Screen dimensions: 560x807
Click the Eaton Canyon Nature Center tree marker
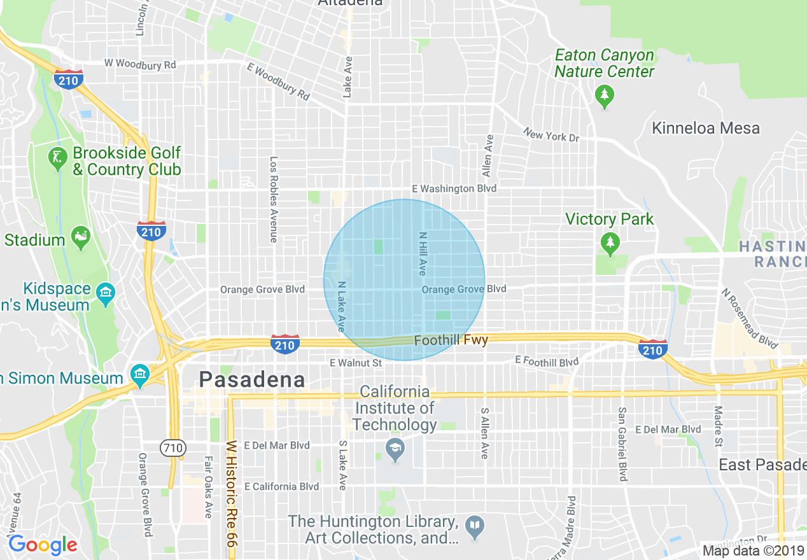(x=604, y=96)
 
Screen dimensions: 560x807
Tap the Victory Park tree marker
(x=610, y=242)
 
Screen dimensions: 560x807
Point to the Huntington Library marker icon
(x=475, y=526)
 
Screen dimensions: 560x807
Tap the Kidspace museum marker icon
(x=104, y=293)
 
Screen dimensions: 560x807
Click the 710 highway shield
(x=172, y=447)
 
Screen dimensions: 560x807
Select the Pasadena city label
(x=252, y=380)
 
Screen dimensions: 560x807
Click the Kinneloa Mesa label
(x=706, y=128)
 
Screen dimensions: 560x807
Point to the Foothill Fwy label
(x=451, y=341)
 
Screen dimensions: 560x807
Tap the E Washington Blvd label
(x=454, y=188)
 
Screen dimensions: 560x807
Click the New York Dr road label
(x=551, y=135)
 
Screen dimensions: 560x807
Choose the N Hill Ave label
(x=422, y=253)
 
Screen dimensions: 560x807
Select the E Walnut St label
(x=356, y=363)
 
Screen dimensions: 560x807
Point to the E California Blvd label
(x=281, y=486)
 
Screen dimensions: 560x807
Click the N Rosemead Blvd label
(x=749, y=318)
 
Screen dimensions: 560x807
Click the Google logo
(x=43, y=545)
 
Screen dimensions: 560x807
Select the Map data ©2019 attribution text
(x=754, y=551)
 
